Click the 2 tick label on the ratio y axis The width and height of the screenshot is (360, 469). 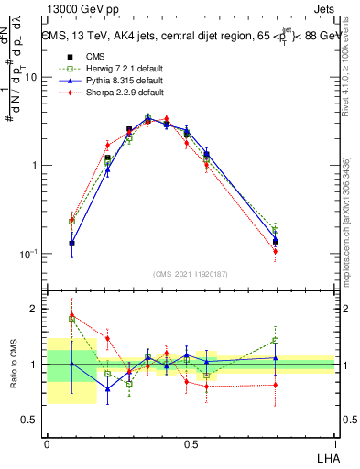[35, 309]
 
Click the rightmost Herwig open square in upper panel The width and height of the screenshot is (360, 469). [275, 231]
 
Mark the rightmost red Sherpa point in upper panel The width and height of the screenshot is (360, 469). [275, 251]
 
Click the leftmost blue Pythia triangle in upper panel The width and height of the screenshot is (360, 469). [71, 244]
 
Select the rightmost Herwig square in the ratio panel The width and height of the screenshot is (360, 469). [275, 341]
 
